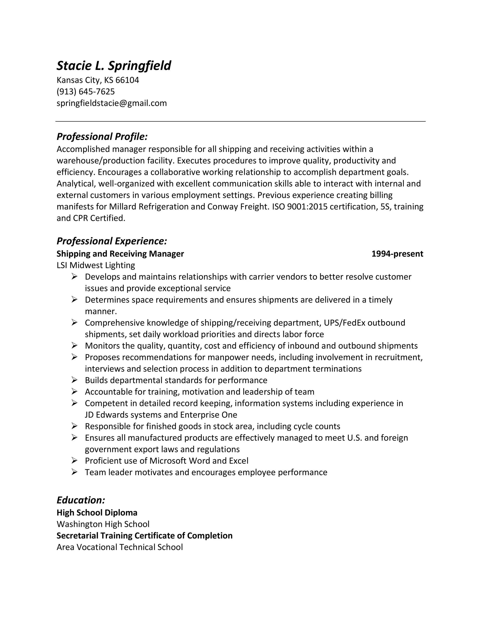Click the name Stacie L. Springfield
(114, 65)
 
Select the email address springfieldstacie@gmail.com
(112, 103)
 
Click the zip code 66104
(127, 80)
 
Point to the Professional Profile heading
(102, 136)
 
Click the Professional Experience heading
(112, 241)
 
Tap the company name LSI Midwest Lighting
(96, 265)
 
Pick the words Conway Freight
(238, 207)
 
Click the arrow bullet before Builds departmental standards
(74, 380)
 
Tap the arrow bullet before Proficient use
(74, 461)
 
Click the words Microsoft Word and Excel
(199, 461)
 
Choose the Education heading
(81, 500)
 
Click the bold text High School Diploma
(97, 513)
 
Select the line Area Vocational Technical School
(120, 547)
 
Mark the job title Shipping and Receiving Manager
(120, 254)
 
